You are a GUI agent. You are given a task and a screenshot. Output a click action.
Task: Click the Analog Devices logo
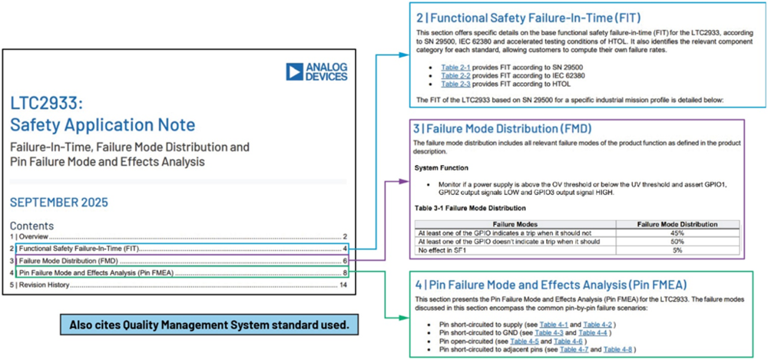[x=317, y=71]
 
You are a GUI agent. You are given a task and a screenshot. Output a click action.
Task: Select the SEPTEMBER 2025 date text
[x=59, y=203]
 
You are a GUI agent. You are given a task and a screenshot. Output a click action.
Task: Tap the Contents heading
[x=31, y=226]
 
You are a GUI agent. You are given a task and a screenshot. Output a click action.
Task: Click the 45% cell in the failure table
[x=677, y=233]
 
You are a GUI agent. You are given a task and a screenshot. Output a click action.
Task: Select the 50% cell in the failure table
[x=677, y=242]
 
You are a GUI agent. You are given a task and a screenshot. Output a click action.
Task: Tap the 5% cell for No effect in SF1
[x=677, y=249]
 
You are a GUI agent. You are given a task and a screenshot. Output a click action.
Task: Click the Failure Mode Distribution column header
[x=677, y=224]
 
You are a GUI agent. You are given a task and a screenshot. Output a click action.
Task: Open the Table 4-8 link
[x=618, y=349]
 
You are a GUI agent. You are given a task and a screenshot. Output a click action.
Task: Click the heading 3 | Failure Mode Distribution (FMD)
[x=502, y=129]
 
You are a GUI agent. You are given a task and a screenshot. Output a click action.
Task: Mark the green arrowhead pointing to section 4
[x=405, y=318]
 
